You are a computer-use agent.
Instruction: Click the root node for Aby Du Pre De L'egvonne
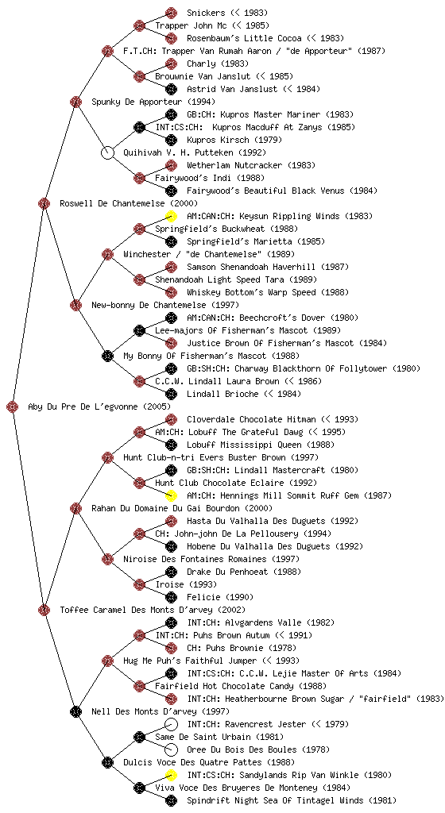13,407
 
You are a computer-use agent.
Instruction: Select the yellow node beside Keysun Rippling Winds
171,216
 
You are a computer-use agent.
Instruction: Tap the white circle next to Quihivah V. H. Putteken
107,153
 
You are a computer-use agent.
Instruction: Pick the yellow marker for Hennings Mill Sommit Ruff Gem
171,495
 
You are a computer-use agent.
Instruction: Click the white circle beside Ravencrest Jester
171,724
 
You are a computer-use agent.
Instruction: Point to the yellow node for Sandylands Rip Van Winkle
171,775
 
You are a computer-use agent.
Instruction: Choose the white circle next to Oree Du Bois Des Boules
171,749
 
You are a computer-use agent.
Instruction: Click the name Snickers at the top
206,13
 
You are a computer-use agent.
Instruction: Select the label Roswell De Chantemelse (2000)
129,204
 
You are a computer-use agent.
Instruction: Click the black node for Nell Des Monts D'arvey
75,711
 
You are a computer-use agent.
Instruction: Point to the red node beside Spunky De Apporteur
75,102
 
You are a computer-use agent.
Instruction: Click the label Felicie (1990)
220,597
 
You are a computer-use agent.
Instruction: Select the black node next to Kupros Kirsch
171,140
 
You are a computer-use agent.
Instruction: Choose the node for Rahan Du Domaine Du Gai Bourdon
75,508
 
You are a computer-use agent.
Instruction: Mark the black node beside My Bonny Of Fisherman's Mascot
107,356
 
